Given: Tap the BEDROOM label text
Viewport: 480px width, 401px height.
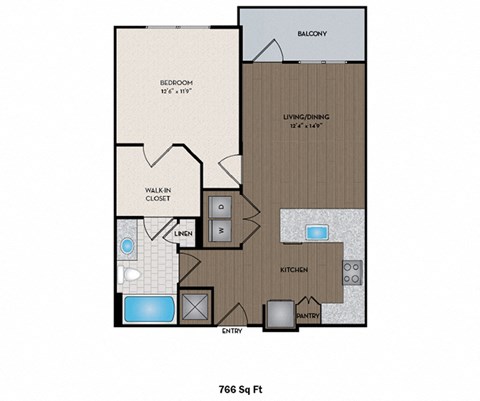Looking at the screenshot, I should tap(176, 81).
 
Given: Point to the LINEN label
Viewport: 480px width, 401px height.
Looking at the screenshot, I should tap(183, 234).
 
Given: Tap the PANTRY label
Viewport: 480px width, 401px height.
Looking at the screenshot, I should tap(307, 315).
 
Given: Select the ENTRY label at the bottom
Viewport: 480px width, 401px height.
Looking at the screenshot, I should tap(232, 332).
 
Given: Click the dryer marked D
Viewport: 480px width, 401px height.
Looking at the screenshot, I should tap(220, 206).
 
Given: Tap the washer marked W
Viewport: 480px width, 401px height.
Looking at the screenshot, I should tap(220, 229).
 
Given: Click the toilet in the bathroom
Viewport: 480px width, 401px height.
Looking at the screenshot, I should tap(129, 272).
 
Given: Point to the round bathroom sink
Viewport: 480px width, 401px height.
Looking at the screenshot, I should tap(128, 245).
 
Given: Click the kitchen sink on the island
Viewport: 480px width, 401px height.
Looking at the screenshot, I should tap(317, 232).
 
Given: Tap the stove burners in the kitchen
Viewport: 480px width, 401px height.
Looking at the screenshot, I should tap(353, 272).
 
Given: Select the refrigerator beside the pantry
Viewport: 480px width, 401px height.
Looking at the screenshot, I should tap(278, 314).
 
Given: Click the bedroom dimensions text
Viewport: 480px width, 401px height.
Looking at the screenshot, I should tap(176, 91).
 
